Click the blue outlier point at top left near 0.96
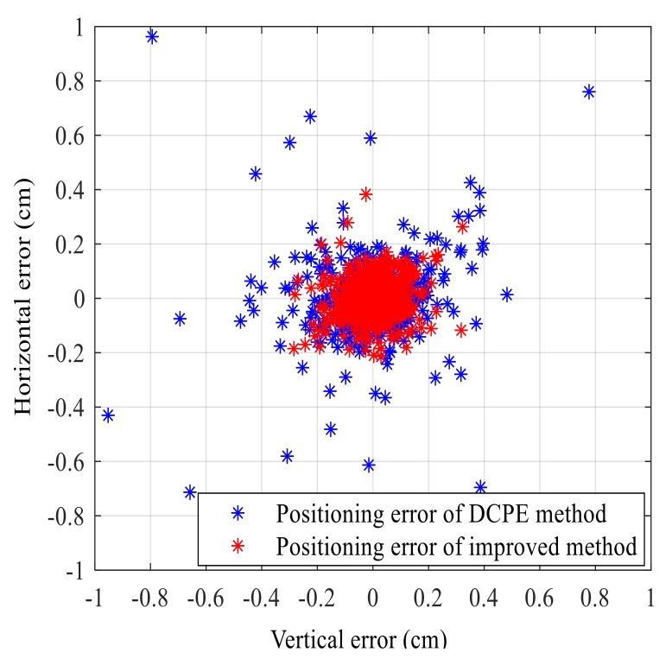click(x=152, y=36)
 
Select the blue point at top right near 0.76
click(x=589, y=92)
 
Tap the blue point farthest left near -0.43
click(x=108, y=415)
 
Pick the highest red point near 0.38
click(x=365, y=194)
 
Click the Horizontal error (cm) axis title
click(x=24, y=298)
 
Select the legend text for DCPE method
click(x=441, y=514)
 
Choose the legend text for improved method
click(x=456, y=546)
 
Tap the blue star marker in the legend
click(x=239, y=515)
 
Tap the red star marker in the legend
click(x=239, y=547)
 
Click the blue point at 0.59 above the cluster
click(x=371, y=137)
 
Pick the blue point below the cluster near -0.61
click(x=369, y=465)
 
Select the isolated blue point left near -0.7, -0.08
click(x=180, y=319)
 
